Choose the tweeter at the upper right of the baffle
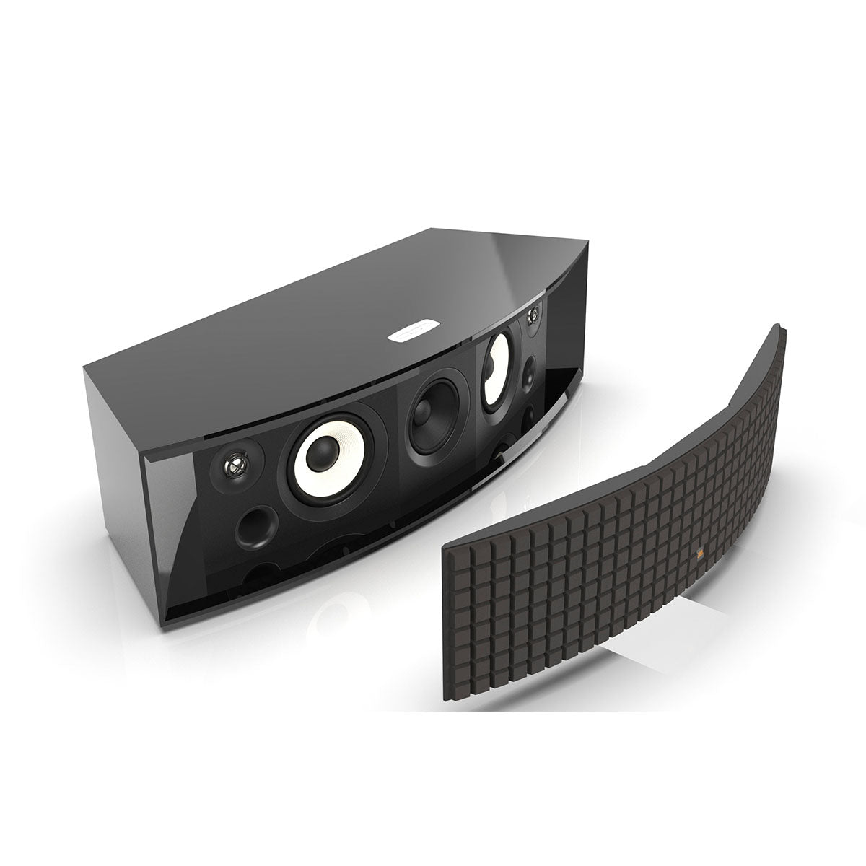533,316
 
